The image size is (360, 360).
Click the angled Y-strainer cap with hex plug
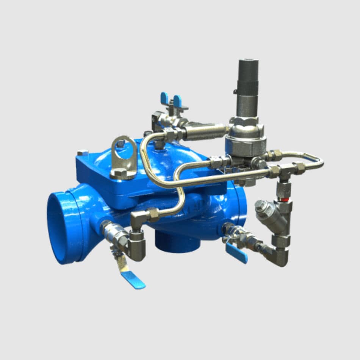pos(261,207)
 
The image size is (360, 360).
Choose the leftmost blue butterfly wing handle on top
pos(164,98)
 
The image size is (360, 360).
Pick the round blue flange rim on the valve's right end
pos(241,205)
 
